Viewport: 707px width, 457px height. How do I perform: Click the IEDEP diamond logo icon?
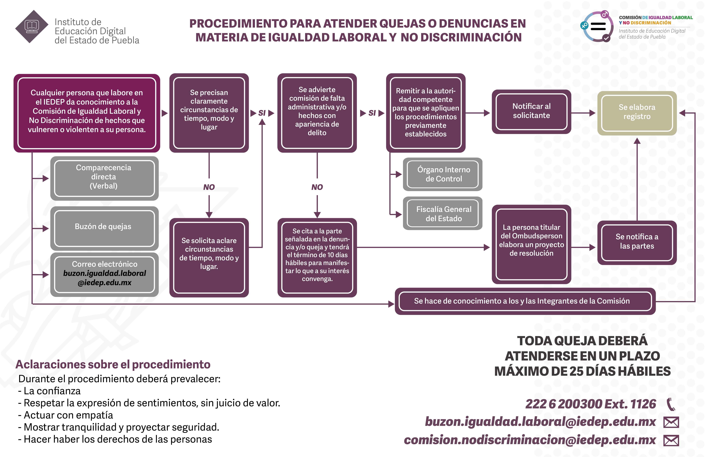pos(32,27)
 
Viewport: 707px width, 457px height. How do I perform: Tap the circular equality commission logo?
pos(597,27)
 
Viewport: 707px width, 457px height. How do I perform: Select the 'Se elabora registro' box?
pos(637,113)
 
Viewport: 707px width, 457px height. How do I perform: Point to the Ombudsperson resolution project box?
pos(531,244)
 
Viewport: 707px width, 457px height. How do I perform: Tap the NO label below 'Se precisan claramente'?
pos(209,187)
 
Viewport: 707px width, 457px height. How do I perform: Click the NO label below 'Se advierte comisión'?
pos(317,187)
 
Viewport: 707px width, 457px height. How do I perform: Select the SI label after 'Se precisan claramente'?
pos(262,113)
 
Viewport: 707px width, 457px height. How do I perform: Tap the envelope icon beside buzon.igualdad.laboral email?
pos(671,422)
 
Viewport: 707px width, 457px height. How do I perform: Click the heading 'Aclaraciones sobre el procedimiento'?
pos(113,364)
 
